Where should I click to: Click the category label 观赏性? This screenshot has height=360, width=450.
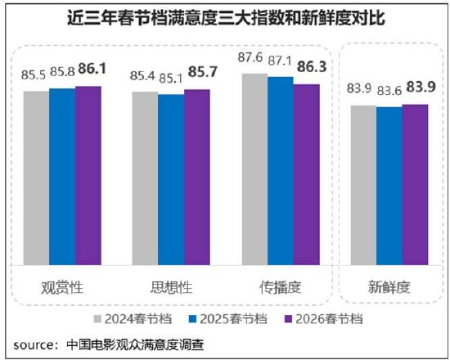coord(62,287)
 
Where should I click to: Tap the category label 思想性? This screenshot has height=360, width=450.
coord(171,287)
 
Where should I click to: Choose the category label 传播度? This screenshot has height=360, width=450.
coord(281,287)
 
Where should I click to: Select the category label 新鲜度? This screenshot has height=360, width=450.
coord(389,287)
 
